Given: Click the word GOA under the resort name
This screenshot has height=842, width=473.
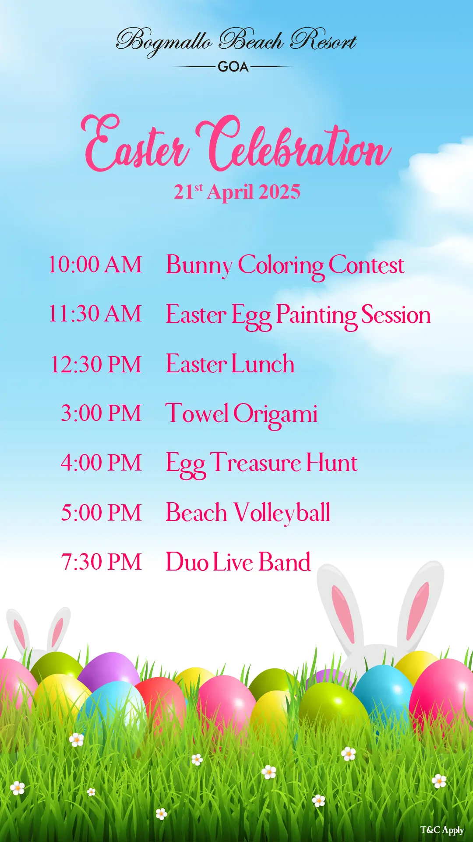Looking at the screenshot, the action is pos(233,67).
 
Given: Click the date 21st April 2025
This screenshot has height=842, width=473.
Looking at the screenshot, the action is pos(237,192).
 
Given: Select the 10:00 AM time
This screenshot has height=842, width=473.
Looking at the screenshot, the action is pos(95,265).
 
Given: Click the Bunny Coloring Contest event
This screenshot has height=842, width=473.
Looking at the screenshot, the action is pos(285,266).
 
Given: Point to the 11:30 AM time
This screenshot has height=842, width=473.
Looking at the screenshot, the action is pos(95,314).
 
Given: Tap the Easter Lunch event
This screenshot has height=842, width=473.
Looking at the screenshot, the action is pos(230,364).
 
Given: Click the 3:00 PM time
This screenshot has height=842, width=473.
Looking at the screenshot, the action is pos(101,414).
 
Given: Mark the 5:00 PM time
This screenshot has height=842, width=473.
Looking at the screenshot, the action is pos(101,513).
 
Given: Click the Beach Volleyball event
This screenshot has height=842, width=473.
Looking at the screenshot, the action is pos(248,513).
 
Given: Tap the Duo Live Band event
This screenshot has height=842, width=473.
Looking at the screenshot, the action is pos(238,562).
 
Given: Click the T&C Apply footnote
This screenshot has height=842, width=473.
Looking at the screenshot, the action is pos(442,830).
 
